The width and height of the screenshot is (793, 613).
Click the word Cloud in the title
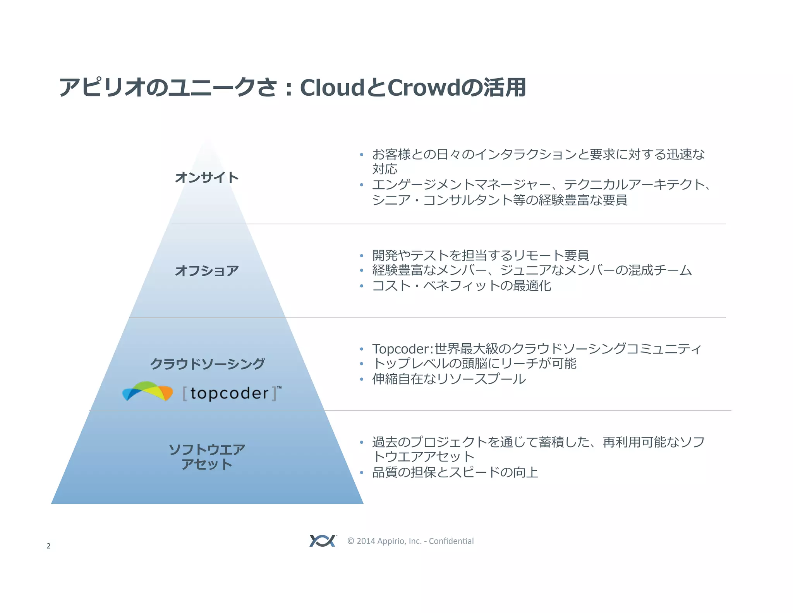click(331, 88)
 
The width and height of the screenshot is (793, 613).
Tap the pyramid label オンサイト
click(207, 177)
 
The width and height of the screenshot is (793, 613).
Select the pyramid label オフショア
click(207, 270)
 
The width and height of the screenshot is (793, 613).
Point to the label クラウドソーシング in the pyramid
click(208, 363)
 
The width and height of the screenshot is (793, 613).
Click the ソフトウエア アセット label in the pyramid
click(207, 456)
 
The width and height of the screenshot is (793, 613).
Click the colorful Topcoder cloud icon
click(148, 391)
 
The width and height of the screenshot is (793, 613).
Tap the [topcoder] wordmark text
click(230, 393)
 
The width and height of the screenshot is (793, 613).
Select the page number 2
click(48, 546)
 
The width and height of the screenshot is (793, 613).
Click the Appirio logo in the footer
click(323, 541)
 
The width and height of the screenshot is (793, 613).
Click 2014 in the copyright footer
click(366, 541)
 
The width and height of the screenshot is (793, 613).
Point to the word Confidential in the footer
click(451, 541)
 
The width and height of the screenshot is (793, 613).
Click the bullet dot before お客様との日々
click(361, 155)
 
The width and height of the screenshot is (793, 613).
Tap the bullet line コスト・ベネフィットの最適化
click(461, 286)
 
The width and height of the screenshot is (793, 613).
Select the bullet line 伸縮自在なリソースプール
click(449, 379)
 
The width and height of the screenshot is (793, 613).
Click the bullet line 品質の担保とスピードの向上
click(455, 472)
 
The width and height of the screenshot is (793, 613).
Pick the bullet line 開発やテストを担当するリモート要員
click(481, 255)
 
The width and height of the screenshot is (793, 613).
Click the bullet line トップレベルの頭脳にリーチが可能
click(474, 363)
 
